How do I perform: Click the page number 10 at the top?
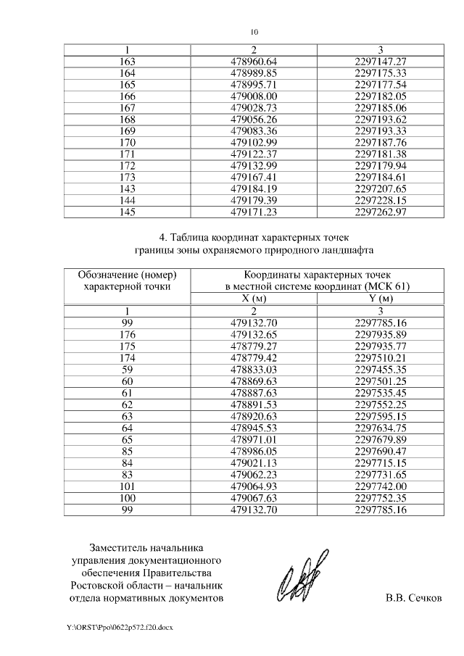click(x=254, y=31)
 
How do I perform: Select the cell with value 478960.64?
click(x=254, y=62)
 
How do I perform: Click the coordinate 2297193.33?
click(x=381, y=130)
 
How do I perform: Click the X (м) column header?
click(x=254, y=298)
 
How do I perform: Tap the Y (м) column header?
click(x=381, y=298)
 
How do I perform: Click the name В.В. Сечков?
click(x=413, y=598)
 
